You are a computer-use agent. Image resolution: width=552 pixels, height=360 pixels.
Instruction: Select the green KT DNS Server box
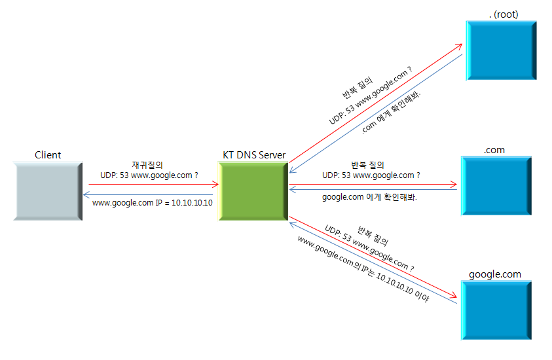(x=253, y=190)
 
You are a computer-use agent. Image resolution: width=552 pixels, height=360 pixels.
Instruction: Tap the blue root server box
(x=502, y=50)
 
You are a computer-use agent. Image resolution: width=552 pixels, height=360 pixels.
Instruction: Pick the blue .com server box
(x=495, y=186)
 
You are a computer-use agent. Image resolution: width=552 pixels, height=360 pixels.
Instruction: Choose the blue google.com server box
(x=495, y=310)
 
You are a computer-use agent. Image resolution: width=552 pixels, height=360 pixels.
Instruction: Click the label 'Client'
(x=48, y=155)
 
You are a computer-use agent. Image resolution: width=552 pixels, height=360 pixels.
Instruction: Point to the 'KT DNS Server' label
(x=254, y=155)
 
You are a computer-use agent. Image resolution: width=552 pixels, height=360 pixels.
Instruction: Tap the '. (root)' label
(x=503, y=14)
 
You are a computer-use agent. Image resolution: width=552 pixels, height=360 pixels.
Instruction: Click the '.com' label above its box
(x=494, y=150)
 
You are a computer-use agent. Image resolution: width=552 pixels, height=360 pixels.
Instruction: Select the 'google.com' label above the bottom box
(x=495, y=274)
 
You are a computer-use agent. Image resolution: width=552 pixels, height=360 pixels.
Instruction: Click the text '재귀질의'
(x=147, y=166)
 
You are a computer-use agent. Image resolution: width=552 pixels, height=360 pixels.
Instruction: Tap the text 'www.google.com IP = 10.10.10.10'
(x=153, y=203)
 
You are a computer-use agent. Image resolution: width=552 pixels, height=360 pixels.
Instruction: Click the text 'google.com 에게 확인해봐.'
(x=370, y=197)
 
